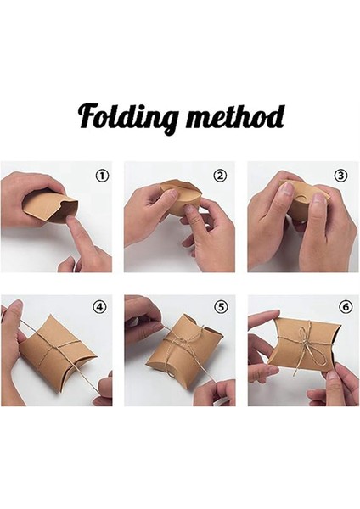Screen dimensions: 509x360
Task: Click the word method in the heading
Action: pos(232,115)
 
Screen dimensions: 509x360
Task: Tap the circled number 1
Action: pos(102,176)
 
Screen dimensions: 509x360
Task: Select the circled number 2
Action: pos(220,176)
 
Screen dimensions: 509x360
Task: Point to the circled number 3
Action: pos(341,176)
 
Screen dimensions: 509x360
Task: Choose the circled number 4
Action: pos(101,308)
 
